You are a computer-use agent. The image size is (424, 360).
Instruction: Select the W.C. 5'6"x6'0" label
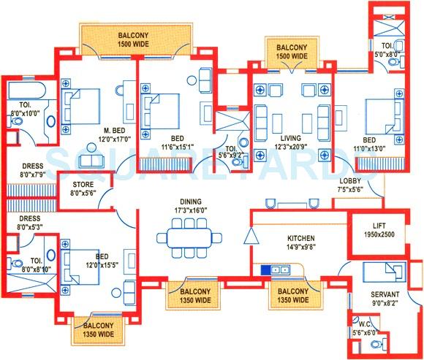click(364, 329)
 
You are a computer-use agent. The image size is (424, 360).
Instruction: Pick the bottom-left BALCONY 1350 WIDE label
click(96, 330)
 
